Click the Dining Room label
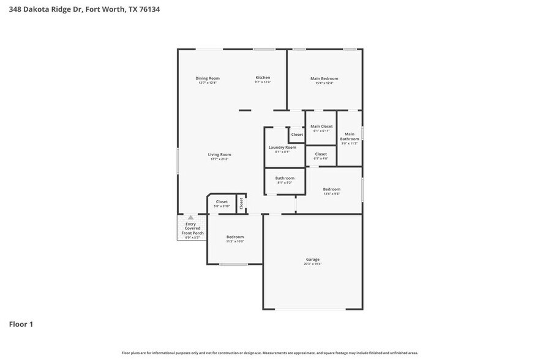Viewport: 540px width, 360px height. click(208, 78)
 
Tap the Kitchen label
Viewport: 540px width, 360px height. click(263, 78)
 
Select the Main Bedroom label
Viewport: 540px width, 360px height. click(324, 78)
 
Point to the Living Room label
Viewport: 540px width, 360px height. click(220, 155)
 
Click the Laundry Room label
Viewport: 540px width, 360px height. click(282, 148)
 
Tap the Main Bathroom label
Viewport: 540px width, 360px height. click(350, 137)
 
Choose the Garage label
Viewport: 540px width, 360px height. click(312, 260)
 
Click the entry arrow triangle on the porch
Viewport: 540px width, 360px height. click(190, 217)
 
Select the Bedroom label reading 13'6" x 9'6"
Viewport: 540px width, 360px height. click(331, 190)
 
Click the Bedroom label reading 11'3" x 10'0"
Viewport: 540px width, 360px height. click(235, 237)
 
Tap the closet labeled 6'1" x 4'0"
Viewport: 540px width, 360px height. click(321, 154)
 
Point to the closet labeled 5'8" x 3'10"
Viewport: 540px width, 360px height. click(221, 202)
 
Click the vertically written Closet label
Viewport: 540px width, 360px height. click(241, 204)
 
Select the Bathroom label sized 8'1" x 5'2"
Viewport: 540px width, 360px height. click(285, 178)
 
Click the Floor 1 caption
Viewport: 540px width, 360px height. click(21, 324)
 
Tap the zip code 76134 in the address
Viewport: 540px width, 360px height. click(149, 10)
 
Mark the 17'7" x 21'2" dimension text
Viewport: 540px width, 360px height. click(220, 159)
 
